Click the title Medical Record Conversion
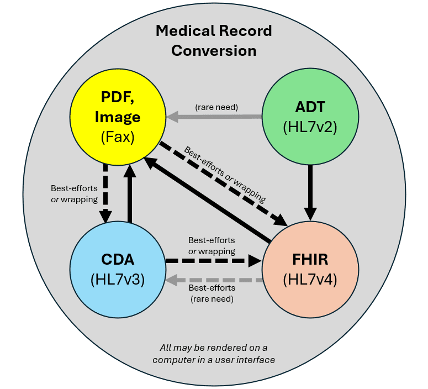(214, 40)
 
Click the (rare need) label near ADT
(216, 107)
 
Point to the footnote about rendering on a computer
(213, 354)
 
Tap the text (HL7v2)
(309, 127)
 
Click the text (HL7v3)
(118, 280)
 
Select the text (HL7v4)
(309, 280)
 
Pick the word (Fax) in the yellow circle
(118, 136)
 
